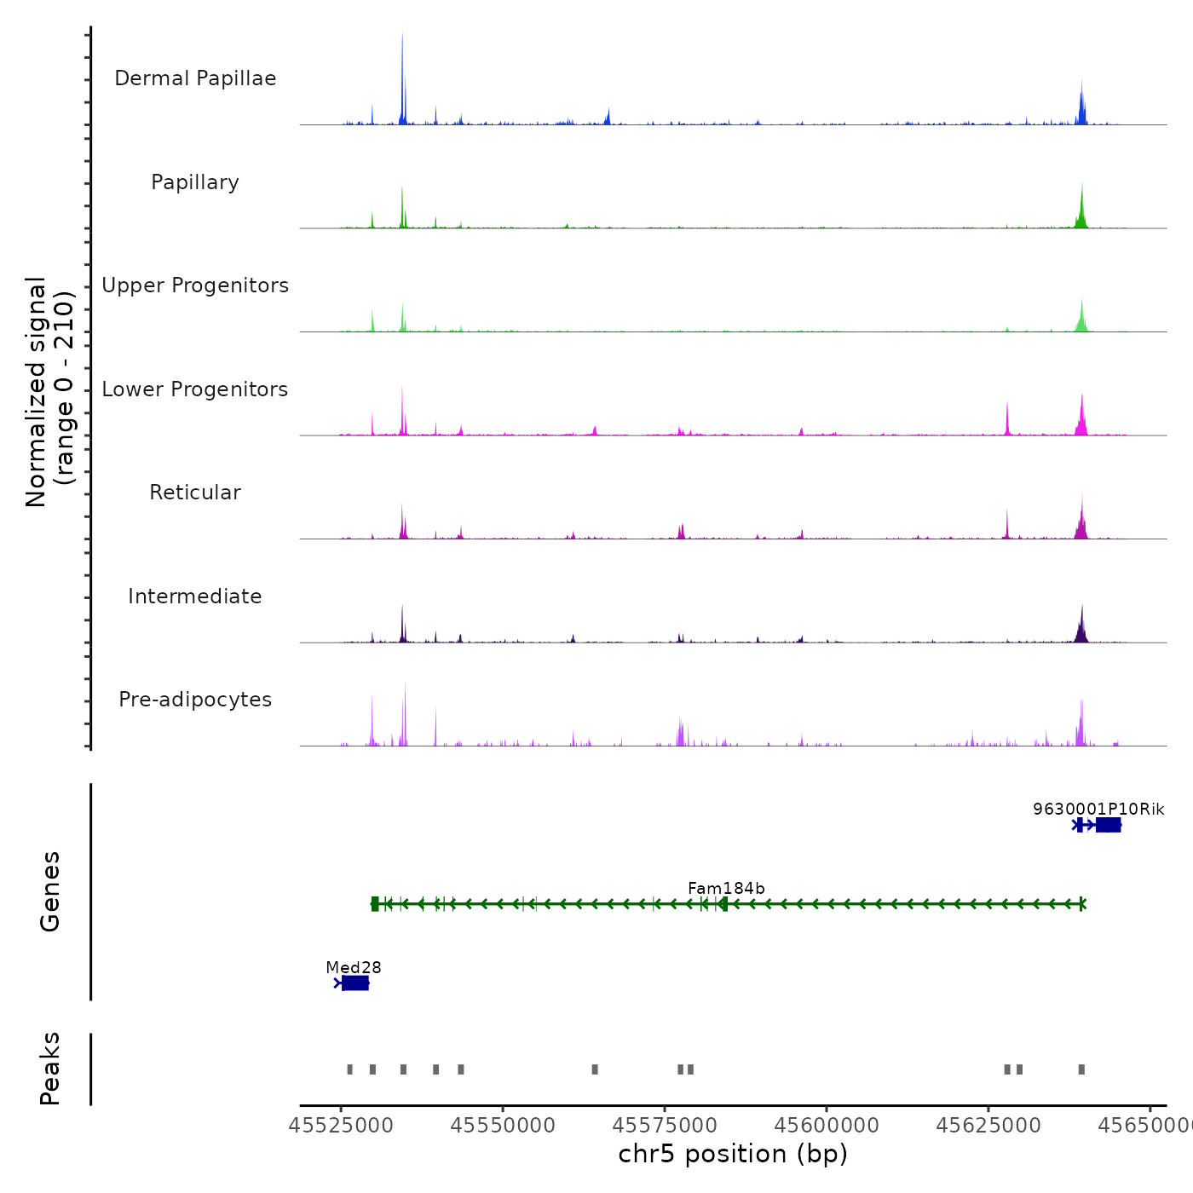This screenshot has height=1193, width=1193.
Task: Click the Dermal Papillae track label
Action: click(195, 78)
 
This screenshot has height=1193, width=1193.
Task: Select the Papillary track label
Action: click(195, 182)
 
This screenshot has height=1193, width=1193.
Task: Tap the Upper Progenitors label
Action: click(195, 285)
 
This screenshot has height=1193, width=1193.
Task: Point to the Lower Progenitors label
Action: click(195, 389)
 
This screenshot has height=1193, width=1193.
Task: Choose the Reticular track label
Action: click(195, 493)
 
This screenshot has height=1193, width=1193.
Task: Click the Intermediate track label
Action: click(195, 596)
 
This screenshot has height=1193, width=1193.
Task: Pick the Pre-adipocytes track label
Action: click(195, 700)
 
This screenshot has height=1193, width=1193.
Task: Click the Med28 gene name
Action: click(354, 967)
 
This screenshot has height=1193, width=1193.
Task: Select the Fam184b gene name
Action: click(726, 888)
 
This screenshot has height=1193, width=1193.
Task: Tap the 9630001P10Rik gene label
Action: click(1098, 809)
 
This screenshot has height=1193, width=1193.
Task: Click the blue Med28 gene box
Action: click(355, 983)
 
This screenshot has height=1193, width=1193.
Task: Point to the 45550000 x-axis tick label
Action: click(503, 1126)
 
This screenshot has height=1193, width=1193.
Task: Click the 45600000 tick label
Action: click(827, 1126)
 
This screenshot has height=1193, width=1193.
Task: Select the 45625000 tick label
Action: click(988, 1126)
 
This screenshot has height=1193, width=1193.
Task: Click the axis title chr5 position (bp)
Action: click(733, 1154)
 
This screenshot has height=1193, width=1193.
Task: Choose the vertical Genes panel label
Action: click(50, 891)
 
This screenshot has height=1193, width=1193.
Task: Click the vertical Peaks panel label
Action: click(50, 1069)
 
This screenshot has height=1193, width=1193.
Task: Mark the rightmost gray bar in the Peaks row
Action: click(1081, 1069)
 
